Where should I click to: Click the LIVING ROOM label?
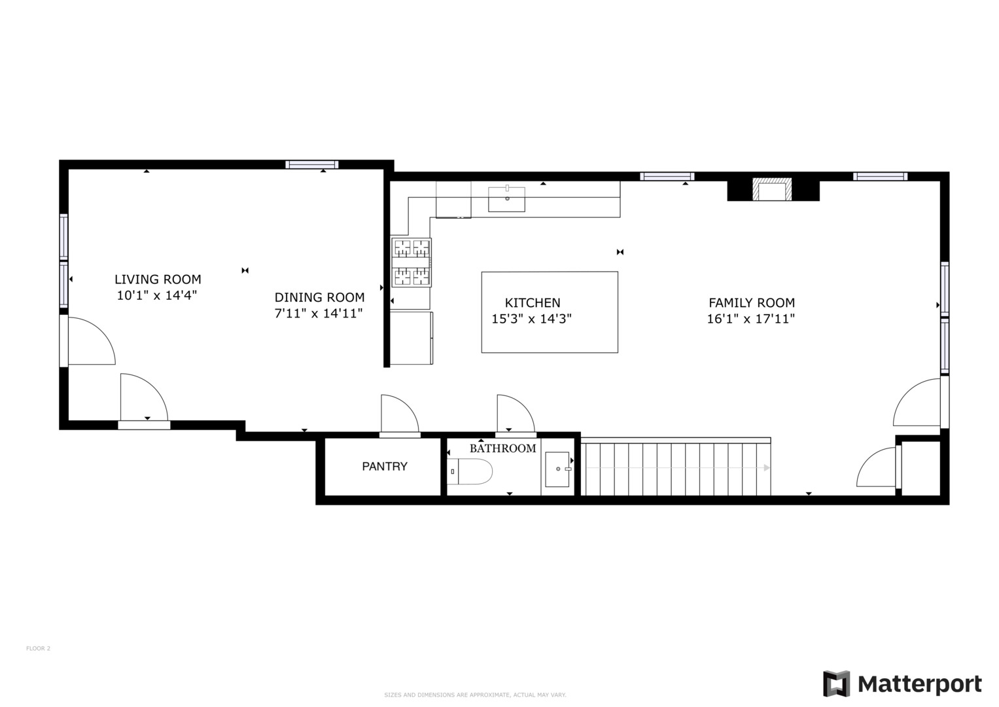158,280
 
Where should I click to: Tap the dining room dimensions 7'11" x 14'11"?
318,314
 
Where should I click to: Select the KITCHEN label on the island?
533,302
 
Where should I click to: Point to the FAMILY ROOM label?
752,302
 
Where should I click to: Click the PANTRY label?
385,466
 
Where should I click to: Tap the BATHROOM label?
502,448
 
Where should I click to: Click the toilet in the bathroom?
470,471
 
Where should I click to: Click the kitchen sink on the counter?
506,198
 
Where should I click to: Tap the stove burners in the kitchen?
412,263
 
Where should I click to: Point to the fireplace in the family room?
773,190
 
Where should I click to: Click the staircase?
676,468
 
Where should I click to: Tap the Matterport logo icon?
836,684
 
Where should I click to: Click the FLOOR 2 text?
38,649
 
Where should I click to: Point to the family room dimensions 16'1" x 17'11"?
750,319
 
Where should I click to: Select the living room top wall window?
312,164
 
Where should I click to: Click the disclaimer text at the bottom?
475,695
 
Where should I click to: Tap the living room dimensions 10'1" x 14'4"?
157,296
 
